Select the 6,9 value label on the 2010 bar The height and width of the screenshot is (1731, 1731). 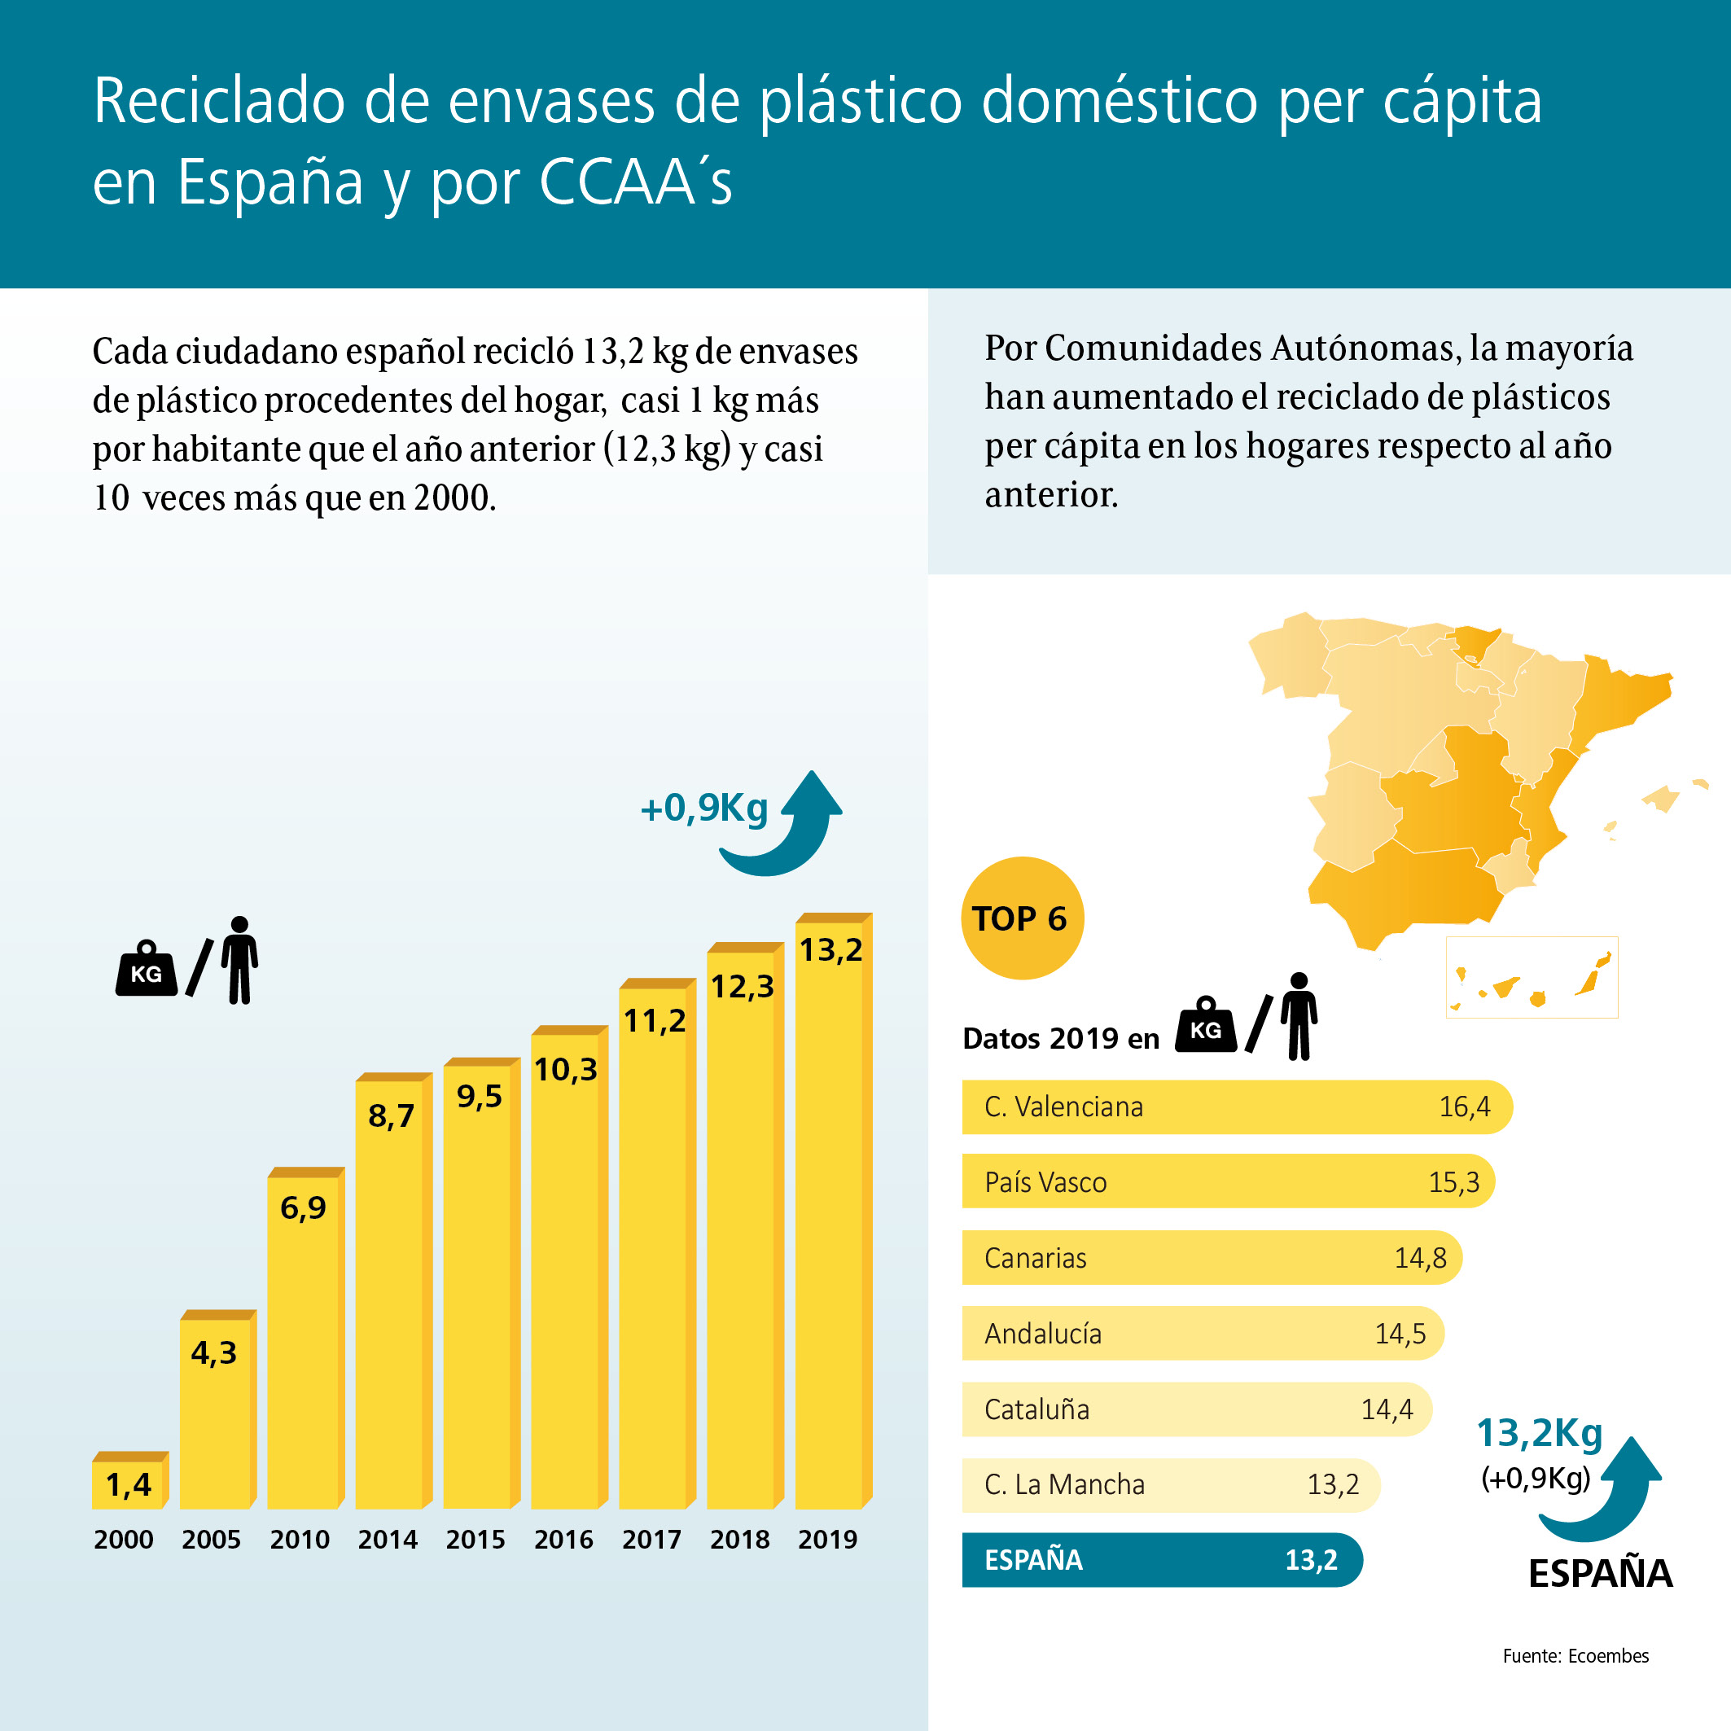pyautogui.click(x=303, y=1207)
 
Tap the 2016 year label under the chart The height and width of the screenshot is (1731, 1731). pyautogui.click(x=563, y=1540)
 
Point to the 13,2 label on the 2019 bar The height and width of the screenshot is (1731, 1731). pyautogui.click(x=830, y=949)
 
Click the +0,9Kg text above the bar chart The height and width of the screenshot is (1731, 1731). pyautogui.click(x=704, y=809)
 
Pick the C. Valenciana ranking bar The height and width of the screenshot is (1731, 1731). pyautogui.click(x=1237, y=1107)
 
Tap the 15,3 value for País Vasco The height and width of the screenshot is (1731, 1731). pyautogui.click(x=1453, y=1181)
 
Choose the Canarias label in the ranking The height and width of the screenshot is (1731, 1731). pyautogui.click(x=1035, y=1258)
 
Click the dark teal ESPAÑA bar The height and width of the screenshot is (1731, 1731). pyautogui.click(x=1161, y=1560)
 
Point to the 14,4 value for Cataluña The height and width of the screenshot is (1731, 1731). pyautogui.click(x=1386, y=1409)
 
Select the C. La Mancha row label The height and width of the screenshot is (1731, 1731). pyautogui.click(x=1064, y=1484)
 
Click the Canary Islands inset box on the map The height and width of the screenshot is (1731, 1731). pyautogui.click(x=1532, y=978)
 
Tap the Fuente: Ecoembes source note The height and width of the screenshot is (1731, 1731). pyautogui.click(x=1575, y=1656)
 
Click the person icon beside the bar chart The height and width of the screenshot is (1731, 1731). pyautogui.click(x=239, y=960)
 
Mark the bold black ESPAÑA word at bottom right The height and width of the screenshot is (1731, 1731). pyautogui.click(x=1599, y=1574)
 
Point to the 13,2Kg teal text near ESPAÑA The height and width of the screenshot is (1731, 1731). pyautogui.click(x=1538, y=1433)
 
